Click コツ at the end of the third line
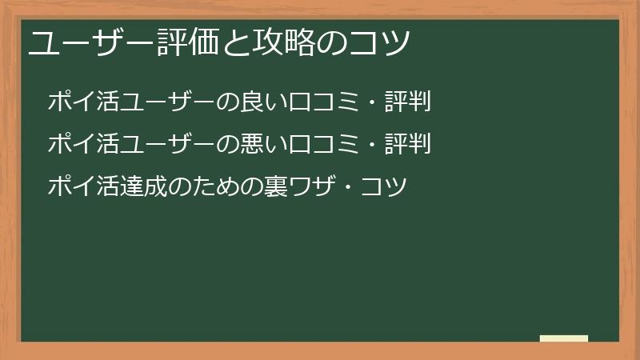click(384, 187)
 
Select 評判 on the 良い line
click(407, 102)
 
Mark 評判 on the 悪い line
click(407, 144)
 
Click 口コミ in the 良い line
click(323, 102)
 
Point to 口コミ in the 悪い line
click(323, 144)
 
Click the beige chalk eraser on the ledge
click(564, 338)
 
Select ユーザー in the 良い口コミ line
click(167, 102)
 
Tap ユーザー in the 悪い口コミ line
click(167, 144)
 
